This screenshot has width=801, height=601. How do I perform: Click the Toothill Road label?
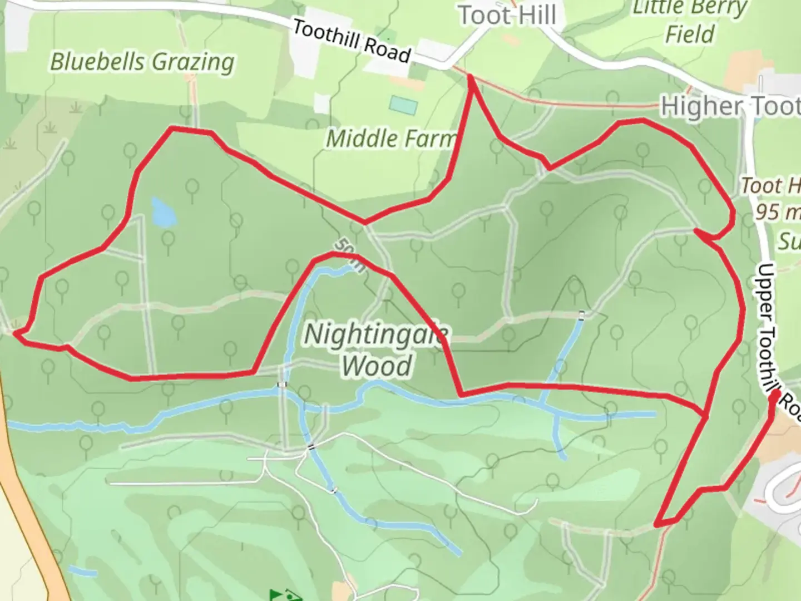tap(352, 41)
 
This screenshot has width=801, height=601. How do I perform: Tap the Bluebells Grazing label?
tap(142, 62)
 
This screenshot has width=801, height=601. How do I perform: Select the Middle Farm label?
tap(390, 139)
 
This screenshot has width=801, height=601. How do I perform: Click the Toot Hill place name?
tap(507, 15)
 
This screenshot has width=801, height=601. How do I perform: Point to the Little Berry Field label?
tap(690, 22)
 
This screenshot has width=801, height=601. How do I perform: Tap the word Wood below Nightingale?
tap(377, 366)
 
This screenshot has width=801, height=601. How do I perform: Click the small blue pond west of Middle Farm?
tap(162, 211)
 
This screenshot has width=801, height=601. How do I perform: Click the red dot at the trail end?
tap(774, 397)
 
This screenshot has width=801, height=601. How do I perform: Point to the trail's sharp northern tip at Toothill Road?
tap(471, 78)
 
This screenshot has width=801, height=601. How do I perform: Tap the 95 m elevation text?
tap(778, 212)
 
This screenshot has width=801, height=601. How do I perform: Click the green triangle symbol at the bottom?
tap(278, 594)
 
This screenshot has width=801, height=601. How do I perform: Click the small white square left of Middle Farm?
tap(322, 104)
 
